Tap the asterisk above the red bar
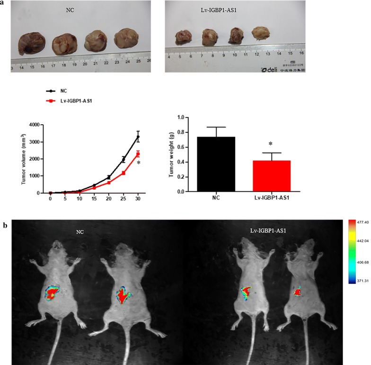(270, 144)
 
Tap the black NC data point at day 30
(138, 137)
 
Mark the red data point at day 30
(138, 154)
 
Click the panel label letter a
(4, 3)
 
